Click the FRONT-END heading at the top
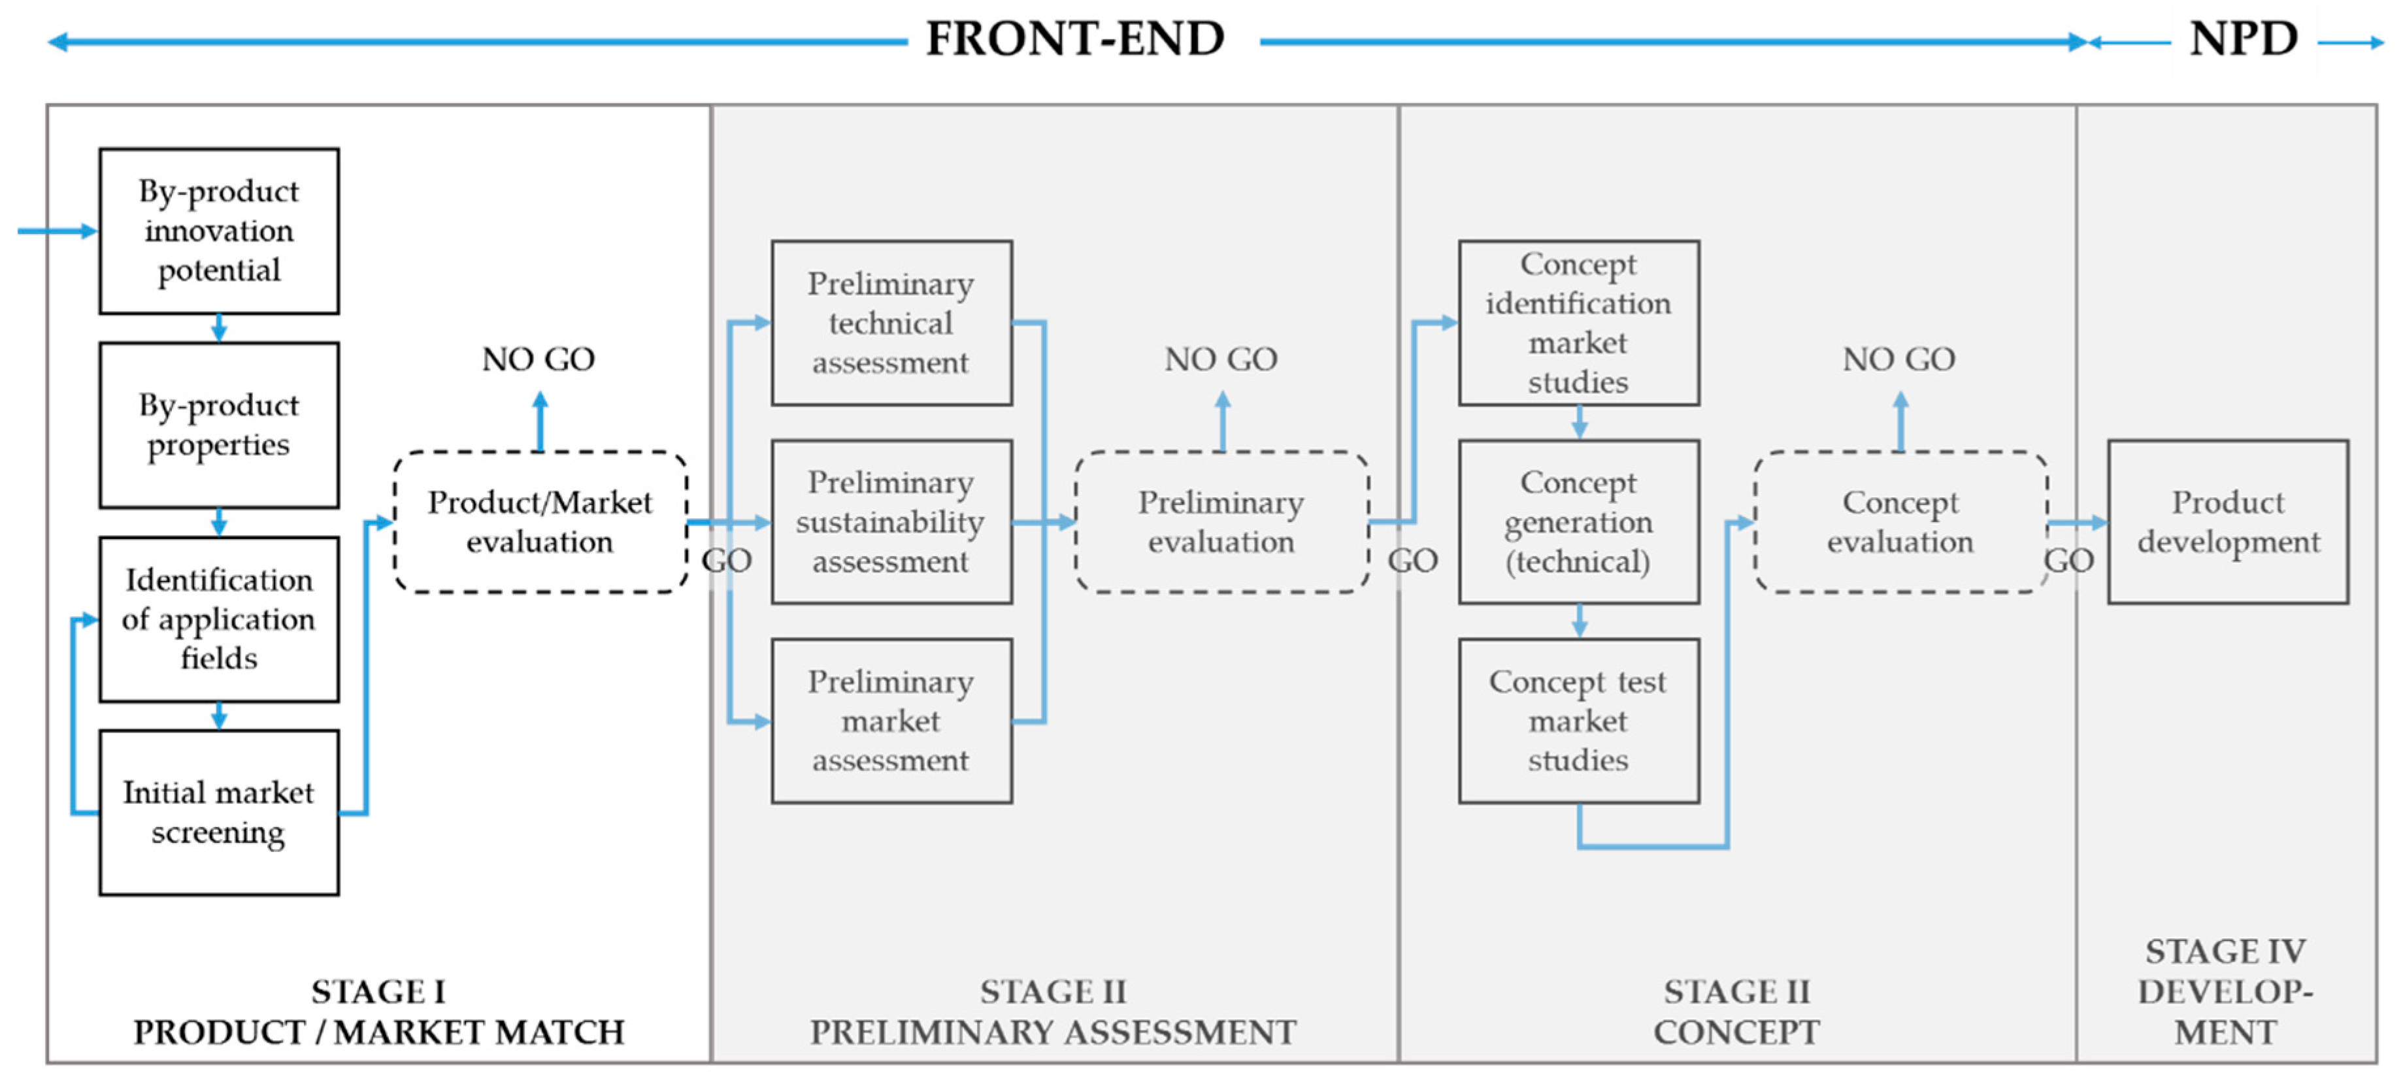(1074, 39)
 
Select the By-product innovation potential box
(219, 231)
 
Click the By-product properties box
(219, 425)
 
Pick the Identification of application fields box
(219, 619)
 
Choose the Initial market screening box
(219, 812)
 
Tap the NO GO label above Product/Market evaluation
(539, 359)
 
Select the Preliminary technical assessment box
(891, 323)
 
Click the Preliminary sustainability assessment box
(891, 521)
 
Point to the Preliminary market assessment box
(891, 720)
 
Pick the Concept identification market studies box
(1578, 323)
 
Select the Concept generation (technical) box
(1578, 521)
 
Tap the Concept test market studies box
(1578, 720)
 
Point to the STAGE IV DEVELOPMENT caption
(2226, 992)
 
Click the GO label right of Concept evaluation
(2068, 561)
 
